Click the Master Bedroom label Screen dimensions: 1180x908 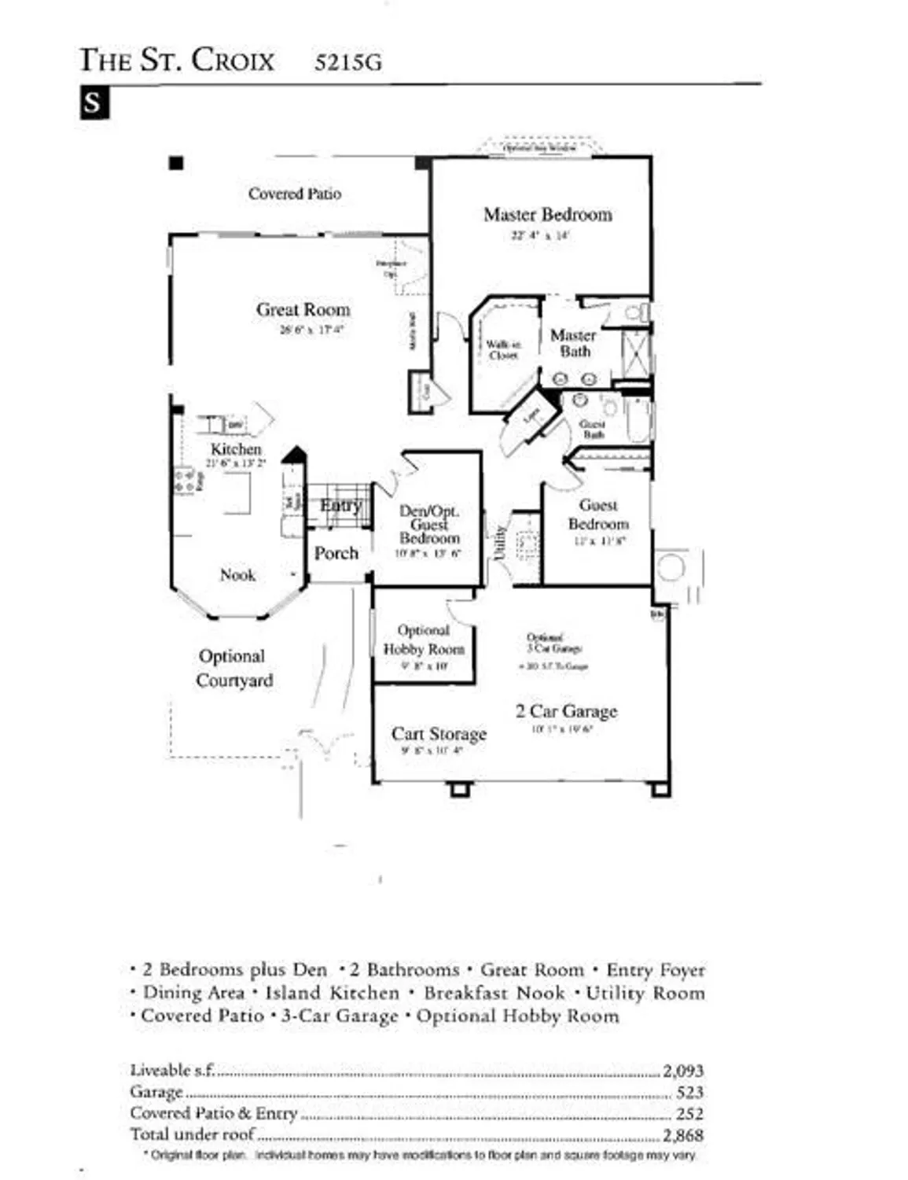pyautogui.click(x=547, y=215)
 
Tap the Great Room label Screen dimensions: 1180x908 pyautogui.click(x=303, y=310)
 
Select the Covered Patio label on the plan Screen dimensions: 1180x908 pyautogui.click(x=295, y=194)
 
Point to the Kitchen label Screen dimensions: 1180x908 pyautogui.click(x=236, y=448)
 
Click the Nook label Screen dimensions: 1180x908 pyautogui.click(x=237, y=575)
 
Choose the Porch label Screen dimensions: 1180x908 pyautogui.click(x=336, y=553)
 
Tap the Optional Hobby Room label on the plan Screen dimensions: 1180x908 pyautogui.click(x=424, y=640)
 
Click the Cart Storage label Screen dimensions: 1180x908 pyautogui.click(x=439, y=734)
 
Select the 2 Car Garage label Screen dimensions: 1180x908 pyautogui.click(x=566, y=711)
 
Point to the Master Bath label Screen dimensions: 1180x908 pyautogui.click(x=573, y=343)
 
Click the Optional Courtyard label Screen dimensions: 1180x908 pyautogui.click(x=233, y=668)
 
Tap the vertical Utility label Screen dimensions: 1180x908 pyautogui.click(x=498, y=544)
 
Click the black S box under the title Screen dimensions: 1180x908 pyautogui.click(x=94, y=103)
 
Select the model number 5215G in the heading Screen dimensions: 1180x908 pyautogui.click(x=347, y=62)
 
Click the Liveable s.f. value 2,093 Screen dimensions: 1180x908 pyautogui.click(x=682, y=1071)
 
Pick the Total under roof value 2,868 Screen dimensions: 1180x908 pyautogui.click(x=682, y=1135)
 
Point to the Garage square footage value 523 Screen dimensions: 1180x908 pyautogui.click(x=689, y=1092)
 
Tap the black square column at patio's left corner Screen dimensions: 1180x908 pyautogui.click(x=176, y=163)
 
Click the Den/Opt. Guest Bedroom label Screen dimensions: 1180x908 pyautogui.click(x=428, y=525)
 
